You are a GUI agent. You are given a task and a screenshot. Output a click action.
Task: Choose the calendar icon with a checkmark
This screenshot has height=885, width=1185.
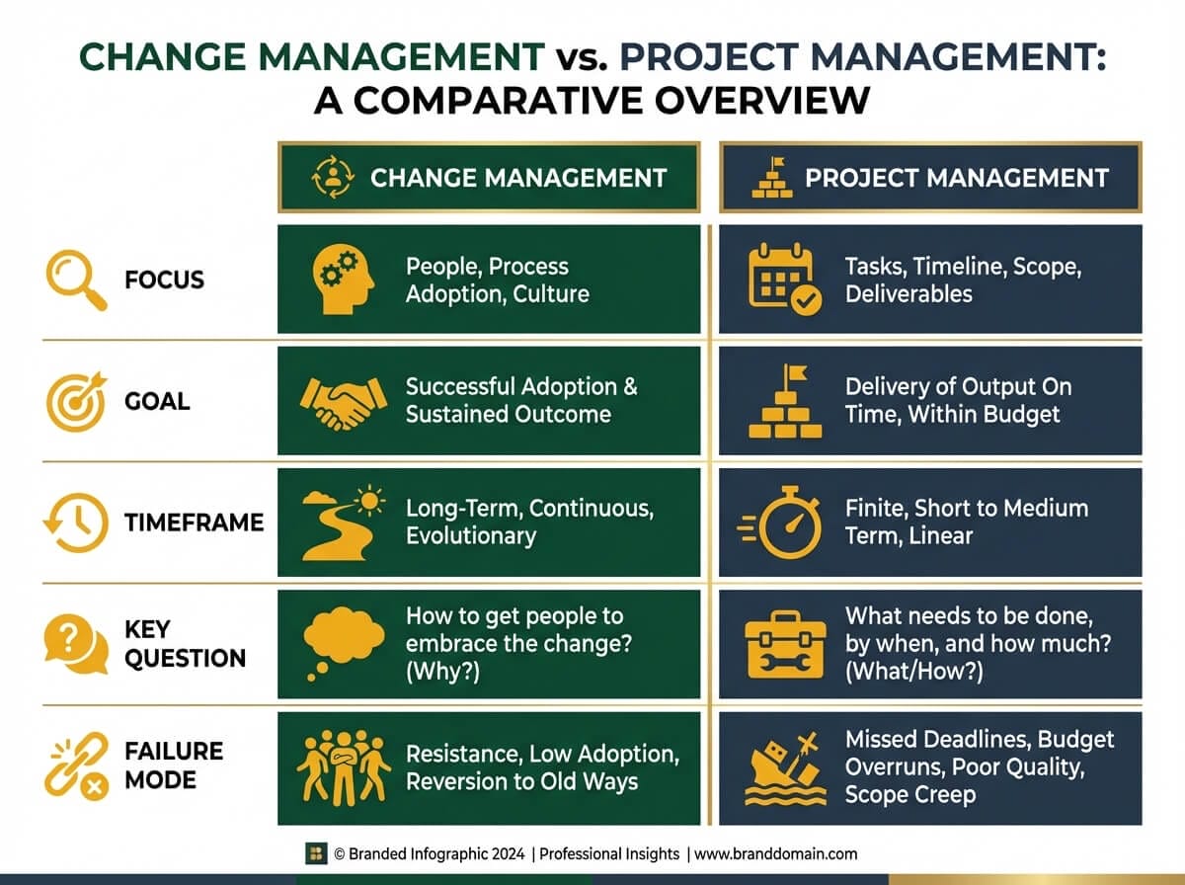click(x=780, y=281)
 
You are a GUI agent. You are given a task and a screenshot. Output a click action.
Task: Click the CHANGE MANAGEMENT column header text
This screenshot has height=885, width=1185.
click(x=518, y=178)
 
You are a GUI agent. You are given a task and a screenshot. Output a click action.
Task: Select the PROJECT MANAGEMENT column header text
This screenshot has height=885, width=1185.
click(x=956, y=178)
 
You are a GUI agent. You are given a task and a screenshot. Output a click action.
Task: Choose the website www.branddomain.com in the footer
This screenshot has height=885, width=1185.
click(x=775, y=853)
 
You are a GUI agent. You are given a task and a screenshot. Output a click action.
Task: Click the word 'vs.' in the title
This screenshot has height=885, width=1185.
click(x=580, y=56)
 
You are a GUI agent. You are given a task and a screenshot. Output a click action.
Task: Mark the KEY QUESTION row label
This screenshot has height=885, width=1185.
click(x=185, y=644)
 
